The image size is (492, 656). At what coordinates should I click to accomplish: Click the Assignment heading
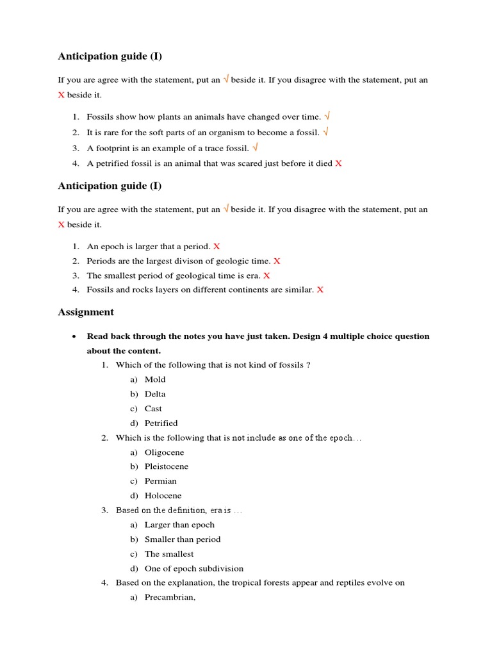[86, 313]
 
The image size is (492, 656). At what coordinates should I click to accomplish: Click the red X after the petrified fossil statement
[338, 163]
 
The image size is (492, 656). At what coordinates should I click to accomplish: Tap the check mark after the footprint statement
[256, 147]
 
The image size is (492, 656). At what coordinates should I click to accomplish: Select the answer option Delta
[155, 394]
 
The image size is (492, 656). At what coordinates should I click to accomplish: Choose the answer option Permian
[161, 481]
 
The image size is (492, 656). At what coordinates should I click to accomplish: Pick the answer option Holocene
[163, 496]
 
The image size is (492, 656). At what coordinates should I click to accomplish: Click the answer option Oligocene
[164, 452]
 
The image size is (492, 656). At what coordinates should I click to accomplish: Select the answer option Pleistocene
[167, 466]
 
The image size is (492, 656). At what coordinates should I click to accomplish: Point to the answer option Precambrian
[170, 598]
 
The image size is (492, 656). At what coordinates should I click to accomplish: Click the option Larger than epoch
[179, 525]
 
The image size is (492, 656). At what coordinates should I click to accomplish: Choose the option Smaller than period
[183, 539]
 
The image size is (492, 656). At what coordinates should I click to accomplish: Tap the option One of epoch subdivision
[194, 568]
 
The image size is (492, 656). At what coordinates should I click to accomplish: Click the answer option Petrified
[161, 423]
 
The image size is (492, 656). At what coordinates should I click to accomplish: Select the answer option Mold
[155, 379]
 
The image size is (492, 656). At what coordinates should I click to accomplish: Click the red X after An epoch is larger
[217, 247]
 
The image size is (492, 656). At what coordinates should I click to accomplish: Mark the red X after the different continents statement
[320, 290]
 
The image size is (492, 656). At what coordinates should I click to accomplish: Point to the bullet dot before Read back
[75, 337]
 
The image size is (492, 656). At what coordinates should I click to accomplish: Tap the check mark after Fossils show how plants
[327, 117]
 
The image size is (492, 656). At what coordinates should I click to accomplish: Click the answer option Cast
[153, 409]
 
